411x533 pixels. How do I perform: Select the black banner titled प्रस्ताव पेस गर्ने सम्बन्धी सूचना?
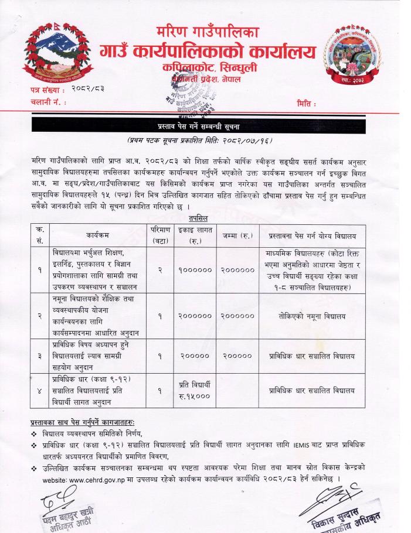(206, 125)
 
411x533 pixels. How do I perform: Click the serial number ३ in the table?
(38, 355)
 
